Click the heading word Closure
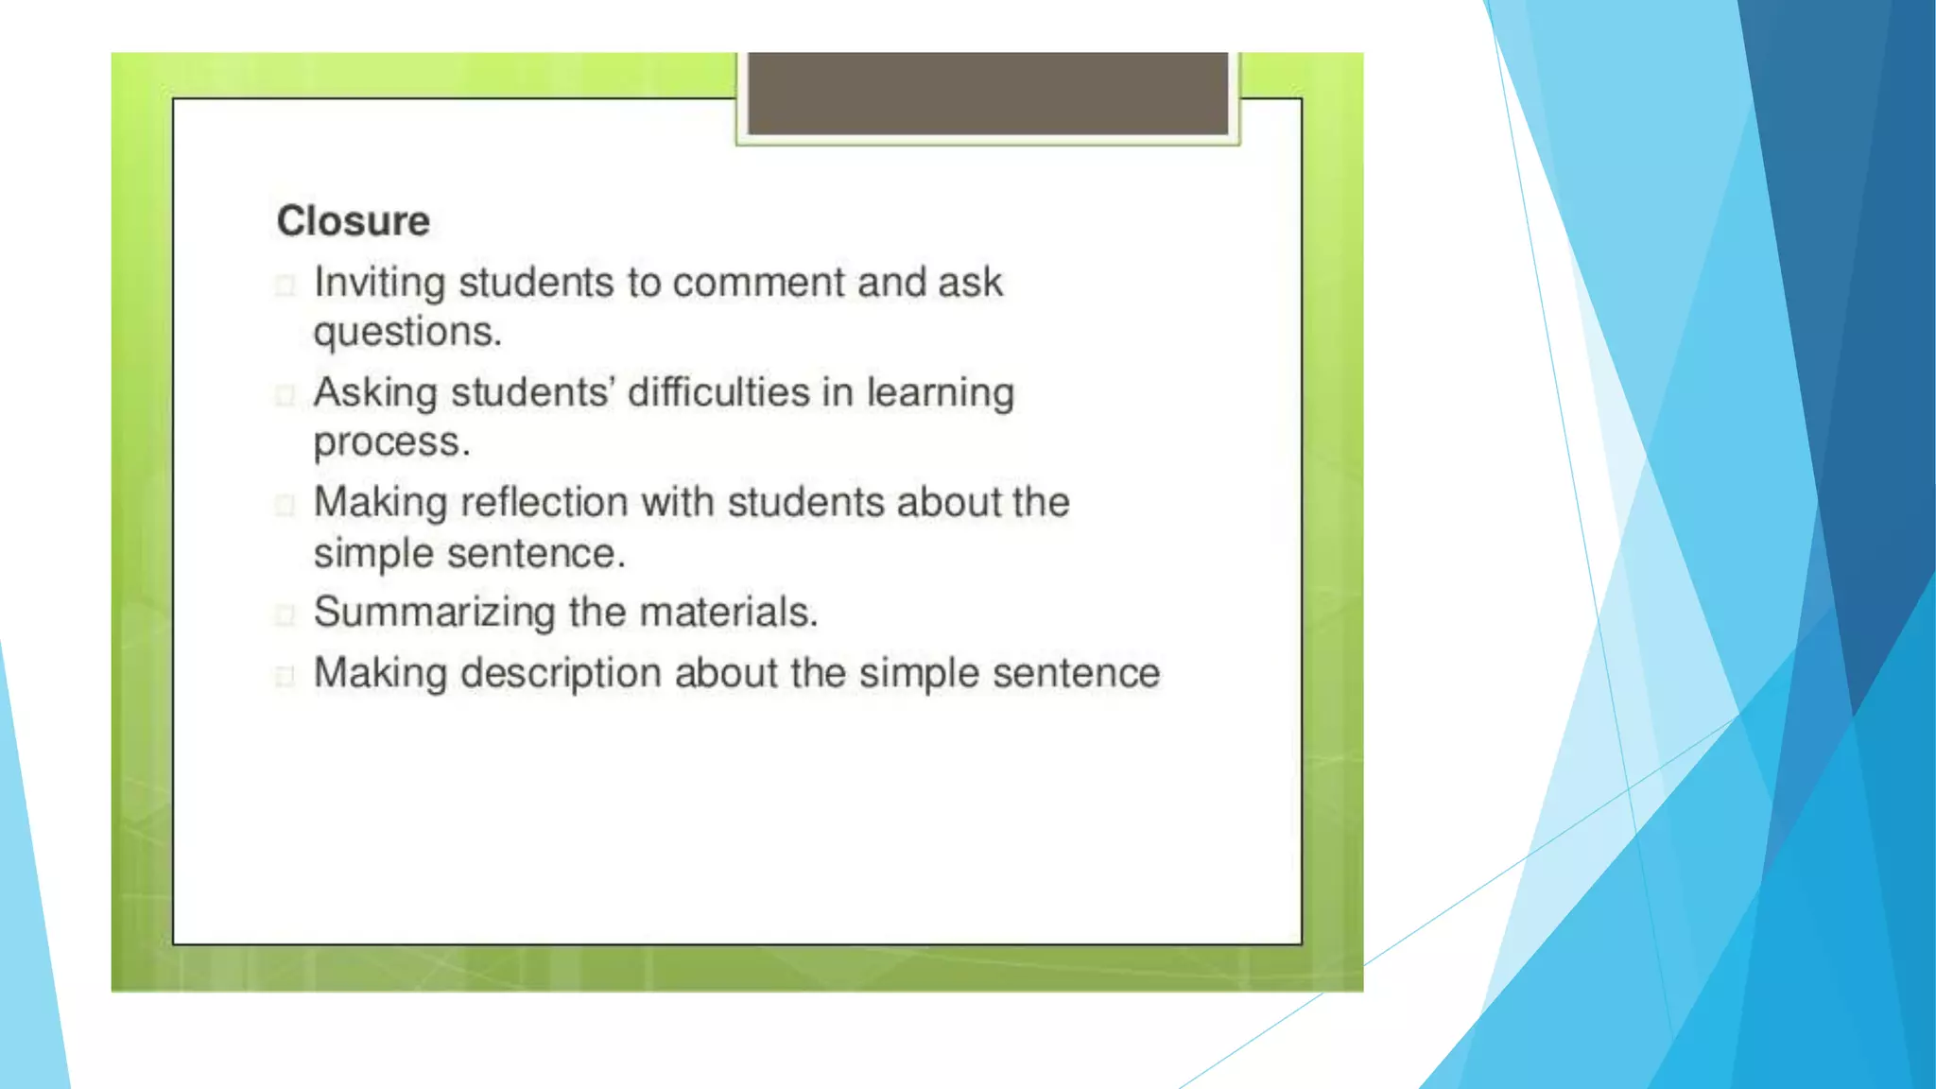point(353,221)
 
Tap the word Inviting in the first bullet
point(379,283)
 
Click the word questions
point(407,332)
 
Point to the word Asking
point(375,393)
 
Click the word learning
point(941,393)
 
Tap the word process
point(391,441)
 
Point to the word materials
point(728,612)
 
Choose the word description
point(561,674)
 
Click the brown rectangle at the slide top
point(987,93)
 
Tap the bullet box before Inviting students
point(285,285)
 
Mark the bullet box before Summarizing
point(285,614)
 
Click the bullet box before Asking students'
point(285,395)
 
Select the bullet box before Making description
point(285,676)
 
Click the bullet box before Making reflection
point(285,505)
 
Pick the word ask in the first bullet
point(970,283)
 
